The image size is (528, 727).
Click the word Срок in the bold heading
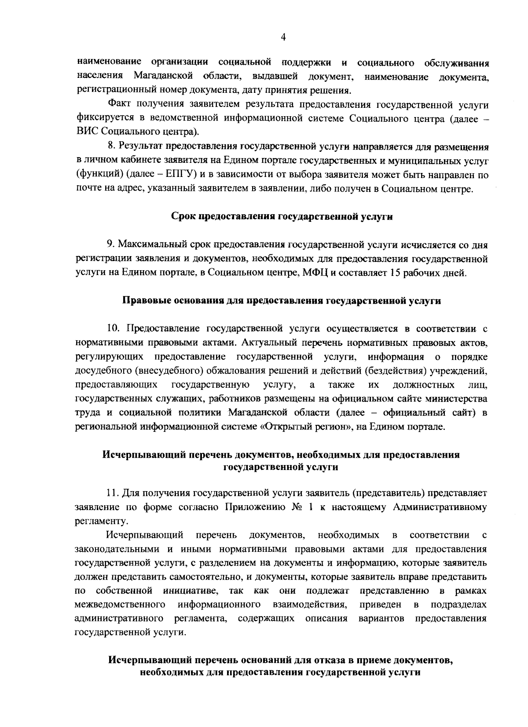point(183,217)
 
